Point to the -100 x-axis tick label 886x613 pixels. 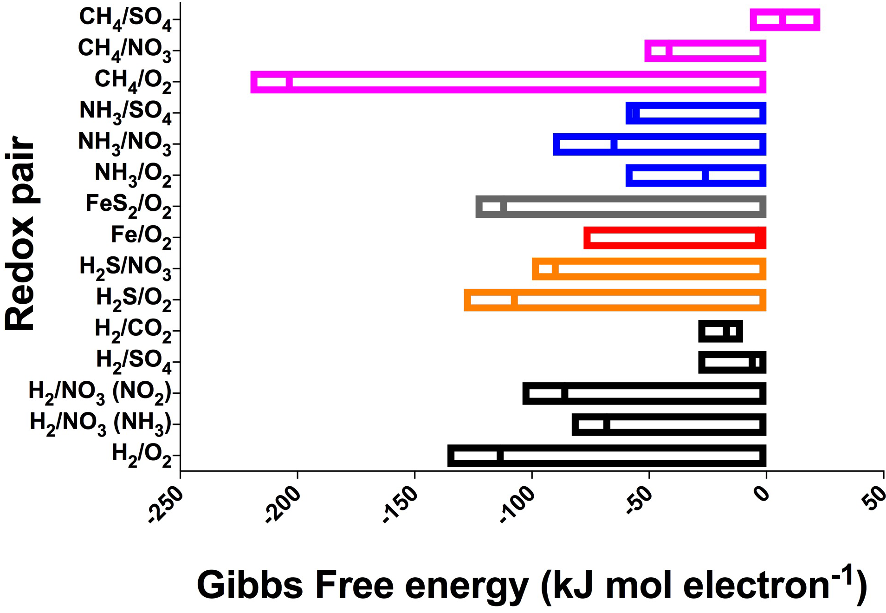click(517, 506)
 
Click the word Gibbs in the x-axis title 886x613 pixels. click(249, 585)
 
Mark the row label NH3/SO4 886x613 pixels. click(125, 112)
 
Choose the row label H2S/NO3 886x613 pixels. click(125, 268)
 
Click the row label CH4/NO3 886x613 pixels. click(124, 50)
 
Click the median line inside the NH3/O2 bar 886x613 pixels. click(705, 176)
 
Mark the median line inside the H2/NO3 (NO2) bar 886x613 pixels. click(565, 394)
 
